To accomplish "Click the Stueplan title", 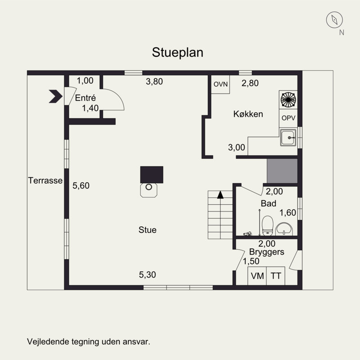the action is click(177, 53).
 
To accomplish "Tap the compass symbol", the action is click(334, 20).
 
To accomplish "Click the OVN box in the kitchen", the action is click(220, 84).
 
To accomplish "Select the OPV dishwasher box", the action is click(288, 118).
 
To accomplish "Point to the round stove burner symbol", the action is click(288, 99).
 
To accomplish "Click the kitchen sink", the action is click(288, 138).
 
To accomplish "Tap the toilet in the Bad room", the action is click(267, 226).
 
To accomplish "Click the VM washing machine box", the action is click(257, 276).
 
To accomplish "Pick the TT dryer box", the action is click(276, 276).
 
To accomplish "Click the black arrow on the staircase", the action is click(220, 195).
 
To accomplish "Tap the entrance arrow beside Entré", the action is click(55, 96).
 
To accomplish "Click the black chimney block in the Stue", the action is click(152, 175).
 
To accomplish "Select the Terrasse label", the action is click(45, 180).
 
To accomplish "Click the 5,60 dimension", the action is click(81, 185).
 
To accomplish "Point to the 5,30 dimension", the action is click(148, 274).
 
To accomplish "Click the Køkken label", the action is click(248, 114).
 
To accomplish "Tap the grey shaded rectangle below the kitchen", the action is click(282, 171).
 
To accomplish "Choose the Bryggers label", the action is click(266, 252).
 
